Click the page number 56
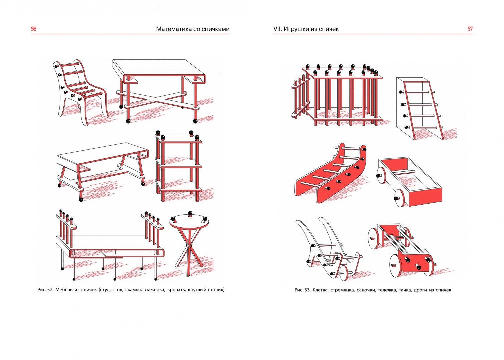[x=33, y=29]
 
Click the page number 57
[x=470, y=29]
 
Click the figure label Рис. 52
[x=45, y=290]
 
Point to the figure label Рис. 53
[x=303, y=290]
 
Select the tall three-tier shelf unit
[x=178, y=167]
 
